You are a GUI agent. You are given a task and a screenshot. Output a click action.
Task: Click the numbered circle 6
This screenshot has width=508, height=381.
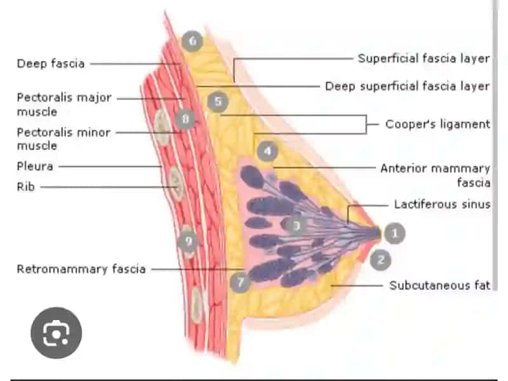(x=192, y=41)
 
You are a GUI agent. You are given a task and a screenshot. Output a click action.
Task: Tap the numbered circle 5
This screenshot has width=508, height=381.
(x=218, y=102)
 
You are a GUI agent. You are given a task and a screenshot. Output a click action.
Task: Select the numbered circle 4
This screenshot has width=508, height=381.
(x=267, y=151)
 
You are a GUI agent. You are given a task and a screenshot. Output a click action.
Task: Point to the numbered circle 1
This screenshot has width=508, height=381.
(x=394, y=233)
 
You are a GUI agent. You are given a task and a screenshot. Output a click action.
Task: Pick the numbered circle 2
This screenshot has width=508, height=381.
(x=380, y=260)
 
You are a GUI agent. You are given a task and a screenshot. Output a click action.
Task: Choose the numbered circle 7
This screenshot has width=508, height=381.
(x=240, y=282)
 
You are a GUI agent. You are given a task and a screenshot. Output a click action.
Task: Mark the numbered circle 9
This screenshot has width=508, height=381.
(x=189, y=241)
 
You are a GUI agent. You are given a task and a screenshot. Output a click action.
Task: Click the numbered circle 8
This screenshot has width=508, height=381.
(x=185, y=119)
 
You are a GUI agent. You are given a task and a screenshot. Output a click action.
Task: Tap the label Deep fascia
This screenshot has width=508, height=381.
(x=51, y=63)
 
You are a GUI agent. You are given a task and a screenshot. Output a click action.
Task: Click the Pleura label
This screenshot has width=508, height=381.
(x=35, y=166)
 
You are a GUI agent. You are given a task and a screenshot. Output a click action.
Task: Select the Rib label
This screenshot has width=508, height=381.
(x=25, y=187)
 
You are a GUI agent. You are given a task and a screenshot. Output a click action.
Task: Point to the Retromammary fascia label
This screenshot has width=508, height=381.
(x=81, y=269)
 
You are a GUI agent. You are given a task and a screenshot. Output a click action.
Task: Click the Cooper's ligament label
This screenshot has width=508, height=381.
(x=438, y=124)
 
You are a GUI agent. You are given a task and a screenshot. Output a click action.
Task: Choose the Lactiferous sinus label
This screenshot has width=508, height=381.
(x=442, y=204)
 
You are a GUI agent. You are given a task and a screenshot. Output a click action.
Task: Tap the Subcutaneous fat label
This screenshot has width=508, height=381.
(x=439, y=285)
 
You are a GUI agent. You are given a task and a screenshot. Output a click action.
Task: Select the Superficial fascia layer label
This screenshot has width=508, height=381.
(x=424, y=58)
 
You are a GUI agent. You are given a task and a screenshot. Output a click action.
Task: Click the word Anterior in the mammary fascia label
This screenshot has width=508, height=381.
(x=403, y=168)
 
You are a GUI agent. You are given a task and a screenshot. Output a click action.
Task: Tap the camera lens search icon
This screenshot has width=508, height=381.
(x=57, y=333)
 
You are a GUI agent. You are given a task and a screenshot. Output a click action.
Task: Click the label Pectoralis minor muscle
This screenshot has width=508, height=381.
(x=64, y=138)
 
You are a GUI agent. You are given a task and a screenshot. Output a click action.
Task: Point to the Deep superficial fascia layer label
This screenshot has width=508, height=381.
(x=407, y=86)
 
